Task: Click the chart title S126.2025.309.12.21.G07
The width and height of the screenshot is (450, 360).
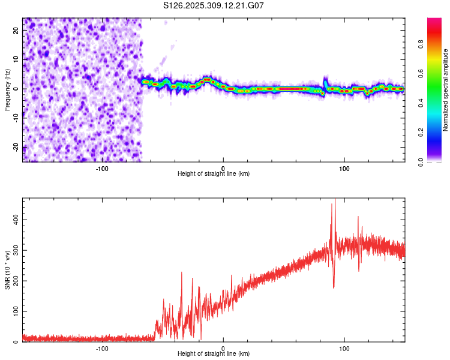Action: [214, 5]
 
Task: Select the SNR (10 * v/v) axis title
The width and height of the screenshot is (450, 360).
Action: [7, 271]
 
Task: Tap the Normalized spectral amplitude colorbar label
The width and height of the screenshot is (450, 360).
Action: [446, 90]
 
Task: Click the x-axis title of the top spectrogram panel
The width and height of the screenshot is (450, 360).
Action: [214, 173]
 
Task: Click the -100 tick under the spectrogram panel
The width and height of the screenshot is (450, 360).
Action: [101, 167]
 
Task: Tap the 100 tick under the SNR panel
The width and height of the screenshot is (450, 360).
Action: [344, 348]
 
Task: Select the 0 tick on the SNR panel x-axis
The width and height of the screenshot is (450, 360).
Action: [223, 348]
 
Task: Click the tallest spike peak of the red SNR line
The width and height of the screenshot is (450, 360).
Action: [335, 200]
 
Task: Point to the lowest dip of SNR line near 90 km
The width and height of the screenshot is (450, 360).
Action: [334, 287]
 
